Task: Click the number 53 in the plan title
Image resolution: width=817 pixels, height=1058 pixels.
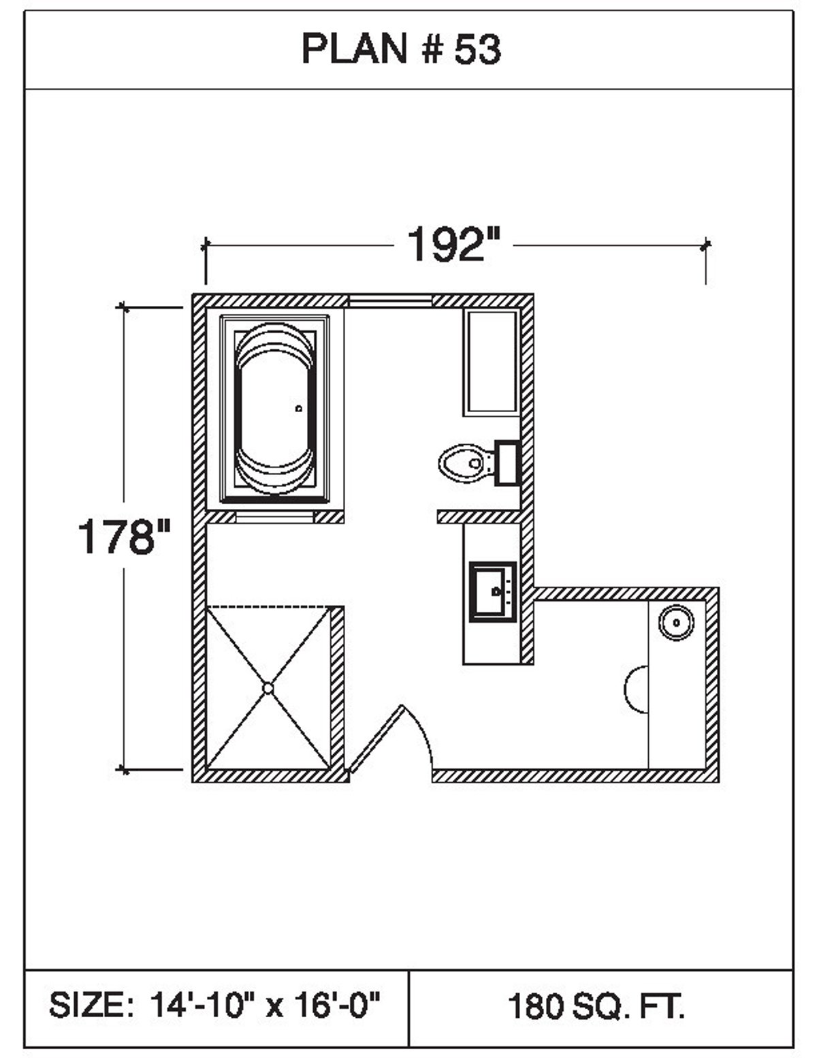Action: click(478, 50)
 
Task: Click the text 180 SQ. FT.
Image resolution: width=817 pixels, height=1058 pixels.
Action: click(596, 1006)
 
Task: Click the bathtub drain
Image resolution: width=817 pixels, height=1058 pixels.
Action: click(298, 409)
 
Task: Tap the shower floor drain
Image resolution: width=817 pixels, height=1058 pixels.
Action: click(268, 688)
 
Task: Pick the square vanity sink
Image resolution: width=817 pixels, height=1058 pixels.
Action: click(492, 591)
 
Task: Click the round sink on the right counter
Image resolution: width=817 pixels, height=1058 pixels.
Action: click(676, 622)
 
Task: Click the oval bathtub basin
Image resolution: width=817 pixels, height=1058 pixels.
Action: click(274, 407)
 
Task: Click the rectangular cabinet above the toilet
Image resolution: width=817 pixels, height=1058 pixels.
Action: click(491, 362)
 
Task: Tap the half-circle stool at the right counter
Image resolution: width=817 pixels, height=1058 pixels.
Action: click(637, 689)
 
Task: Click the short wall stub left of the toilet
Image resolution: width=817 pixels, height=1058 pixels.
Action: click(478, 517)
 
